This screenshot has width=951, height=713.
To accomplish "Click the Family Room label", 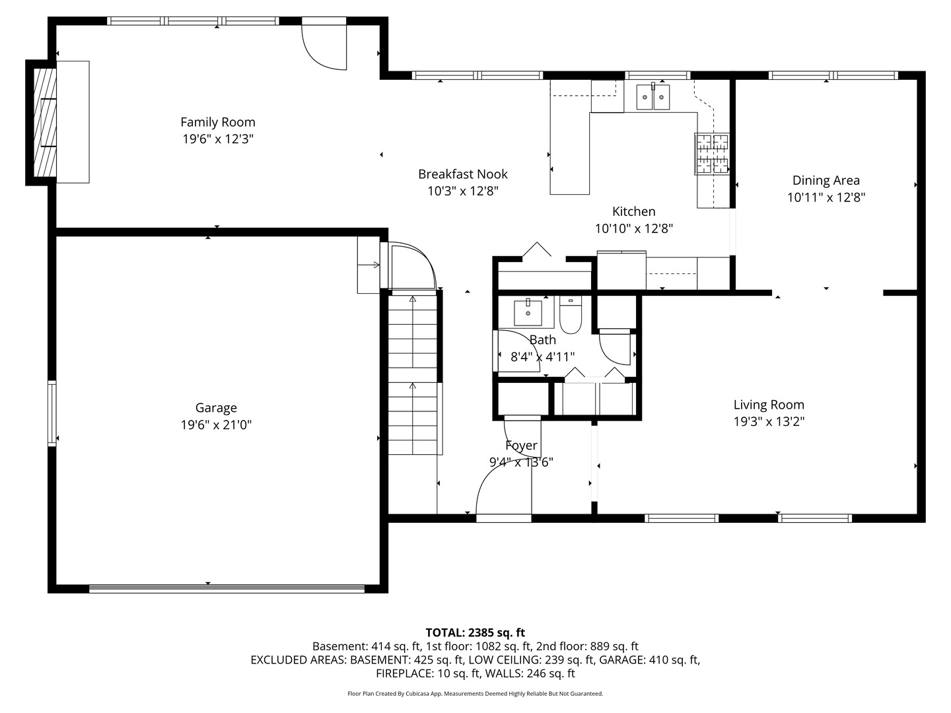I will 217,122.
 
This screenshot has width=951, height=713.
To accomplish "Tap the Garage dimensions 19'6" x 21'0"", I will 216,425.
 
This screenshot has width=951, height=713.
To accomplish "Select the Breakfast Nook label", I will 462,174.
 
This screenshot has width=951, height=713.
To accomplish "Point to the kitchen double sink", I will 652,97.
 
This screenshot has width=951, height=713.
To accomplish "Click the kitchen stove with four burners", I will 711,154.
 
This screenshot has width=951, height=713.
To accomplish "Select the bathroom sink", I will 528,313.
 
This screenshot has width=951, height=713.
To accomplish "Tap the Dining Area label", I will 826,180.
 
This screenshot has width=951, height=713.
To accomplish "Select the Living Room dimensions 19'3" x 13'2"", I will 769,422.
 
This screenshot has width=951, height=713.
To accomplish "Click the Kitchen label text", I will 633,211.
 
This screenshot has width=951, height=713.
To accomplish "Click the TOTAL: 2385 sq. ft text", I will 475,632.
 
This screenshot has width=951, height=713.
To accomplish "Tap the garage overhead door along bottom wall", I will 227,588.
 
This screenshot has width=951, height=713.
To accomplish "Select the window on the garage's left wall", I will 52,413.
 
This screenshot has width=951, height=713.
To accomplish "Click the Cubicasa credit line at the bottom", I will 475,694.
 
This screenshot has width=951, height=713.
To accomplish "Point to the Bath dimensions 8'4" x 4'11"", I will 542,357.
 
